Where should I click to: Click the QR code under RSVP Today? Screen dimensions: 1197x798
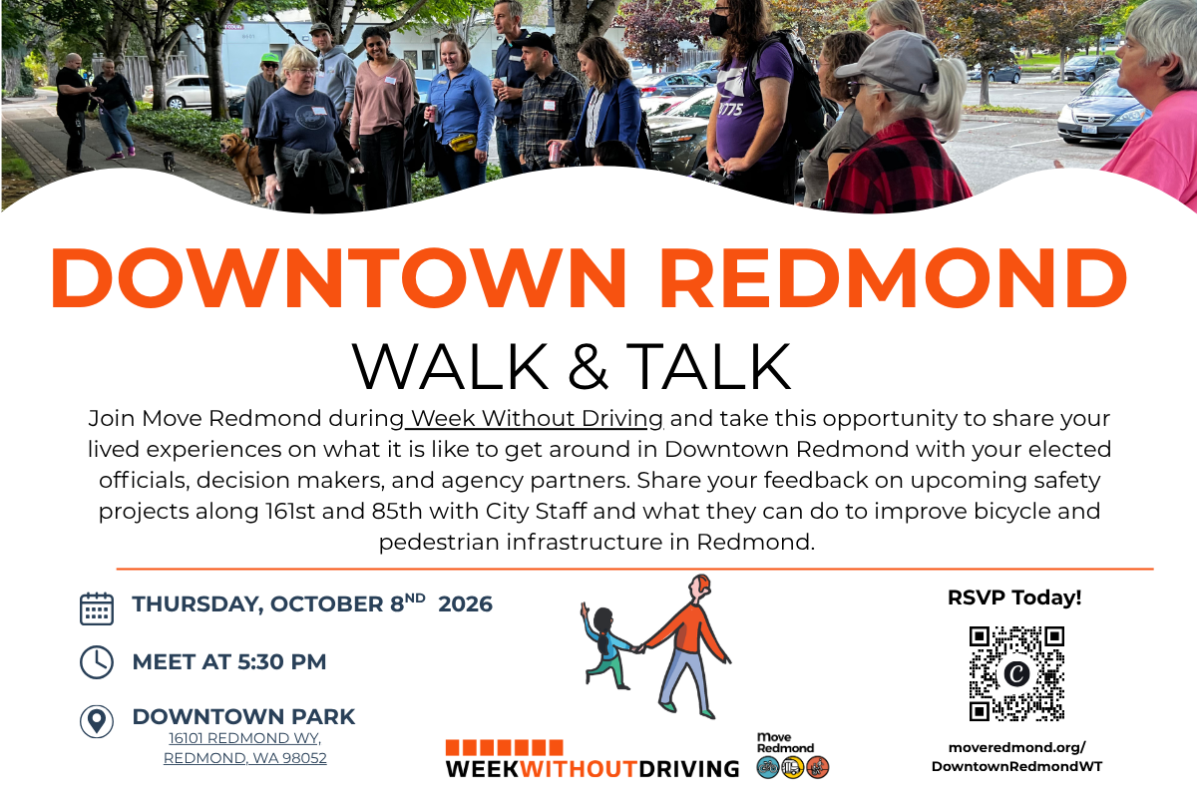click(x=1016, y=673)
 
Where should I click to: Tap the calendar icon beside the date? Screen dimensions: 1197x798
click(x=97, y=608)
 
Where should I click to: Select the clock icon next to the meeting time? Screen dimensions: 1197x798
click(x=97, y=662)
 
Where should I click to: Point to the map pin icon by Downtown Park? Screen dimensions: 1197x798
click(x=97, y=721)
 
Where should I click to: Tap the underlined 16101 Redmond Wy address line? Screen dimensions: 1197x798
click(x=244, y=738)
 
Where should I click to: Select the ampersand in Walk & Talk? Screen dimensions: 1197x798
click(x=588, y=367)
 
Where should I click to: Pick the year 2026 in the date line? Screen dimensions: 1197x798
click(x=465, y=604)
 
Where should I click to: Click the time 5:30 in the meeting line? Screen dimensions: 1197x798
click(x=260, y=662)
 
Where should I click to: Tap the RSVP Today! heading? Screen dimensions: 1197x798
click(x=1014, y=598)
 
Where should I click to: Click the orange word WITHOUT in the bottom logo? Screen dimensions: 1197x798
click(x=579, y=769)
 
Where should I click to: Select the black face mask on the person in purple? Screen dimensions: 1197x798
click(x=719, y=24)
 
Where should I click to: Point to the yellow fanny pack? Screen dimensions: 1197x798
click(x=463, y=143)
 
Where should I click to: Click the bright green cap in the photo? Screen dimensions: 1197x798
click(x=270, y=58)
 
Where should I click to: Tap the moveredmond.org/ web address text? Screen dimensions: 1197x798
click(x=1016, y=747)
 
